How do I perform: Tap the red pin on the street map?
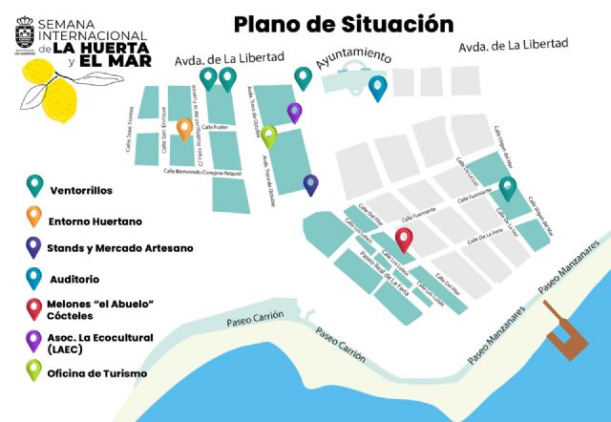[405, 240]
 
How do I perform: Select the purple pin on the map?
[294, 112]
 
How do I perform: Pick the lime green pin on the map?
[269, 136]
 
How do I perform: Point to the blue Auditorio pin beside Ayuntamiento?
[378, 87]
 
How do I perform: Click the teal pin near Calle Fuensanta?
[508, 188]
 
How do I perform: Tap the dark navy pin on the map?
[310, 184]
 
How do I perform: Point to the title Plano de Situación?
[343, 23]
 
